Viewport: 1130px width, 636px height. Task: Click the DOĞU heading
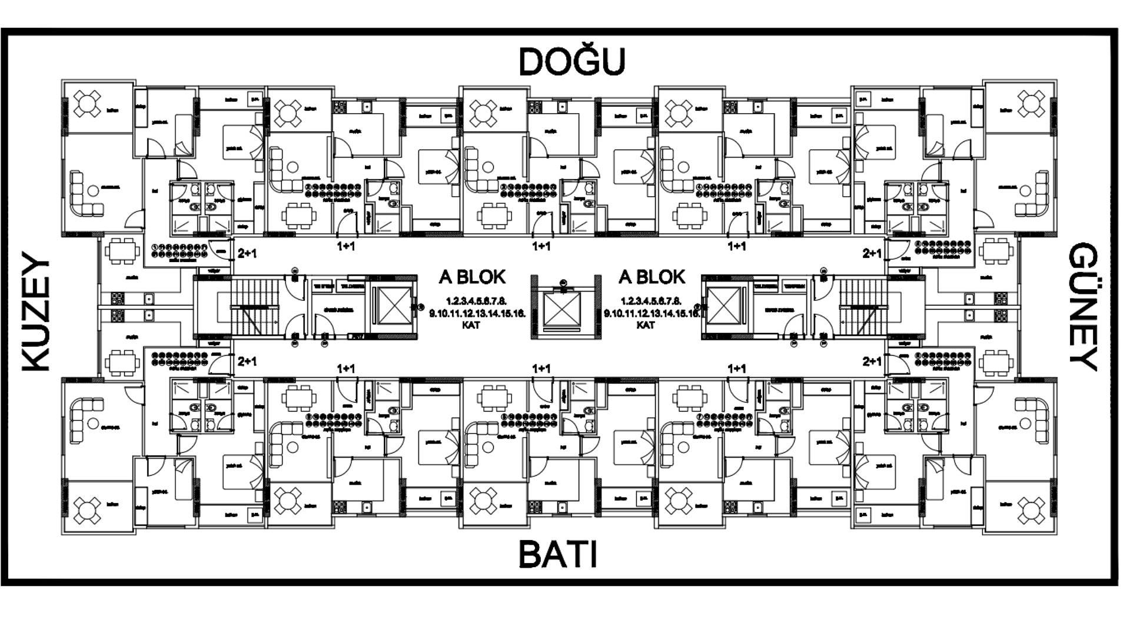pyautogui.click(x=571, y=62)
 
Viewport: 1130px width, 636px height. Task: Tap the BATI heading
pyautogui.click(x=558, y=554)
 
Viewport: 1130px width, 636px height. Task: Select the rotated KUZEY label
pyautogui.click(x=35, y=312)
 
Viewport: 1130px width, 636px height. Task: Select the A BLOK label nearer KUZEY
pyautogui.click(x=472, y=277)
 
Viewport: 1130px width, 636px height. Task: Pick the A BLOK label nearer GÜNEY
pyautogui.click(x=652, y=277)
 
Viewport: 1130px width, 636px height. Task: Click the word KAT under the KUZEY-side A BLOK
pyautogui.click(x=471, y=325)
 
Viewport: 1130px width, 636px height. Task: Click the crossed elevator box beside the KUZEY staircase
pyautogui.click(x=394, y=306)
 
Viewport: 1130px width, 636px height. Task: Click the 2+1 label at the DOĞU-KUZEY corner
pyautogui.click(x=247, y=254)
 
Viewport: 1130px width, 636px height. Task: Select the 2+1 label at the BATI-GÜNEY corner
pyautogui.click(x=872, y=361)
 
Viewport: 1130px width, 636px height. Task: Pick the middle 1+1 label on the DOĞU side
pyautogui.click(x=541, y=246)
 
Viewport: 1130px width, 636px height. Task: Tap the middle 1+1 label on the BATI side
pyautogui.click(x=541, y=369)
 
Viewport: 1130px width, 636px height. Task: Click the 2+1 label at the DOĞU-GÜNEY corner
pyautogui.click(x=872, y=254)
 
